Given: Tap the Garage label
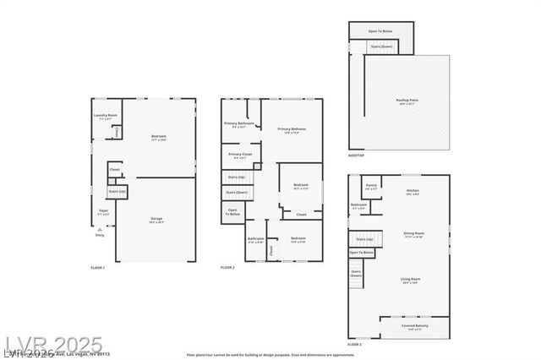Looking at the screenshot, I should click(157, 221).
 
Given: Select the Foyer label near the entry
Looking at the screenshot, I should click(103, 212).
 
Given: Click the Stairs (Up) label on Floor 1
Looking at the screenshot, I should click(117, 192).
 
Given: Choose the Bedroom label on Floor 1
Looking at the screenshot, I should click(159, 137).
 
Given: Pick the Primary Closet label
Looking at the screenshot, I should click(240, 156).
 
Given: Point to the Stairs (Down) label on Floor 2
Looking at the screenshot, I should click(237, 193).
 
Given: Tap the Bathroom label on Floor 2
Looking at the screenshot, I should click(256, 240).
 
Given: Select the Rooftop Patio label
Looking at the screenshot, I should click(407, 101).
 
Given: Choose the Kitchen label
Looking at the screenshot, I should click(413, 192).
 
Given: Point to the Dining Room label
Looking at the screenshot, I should click(413, 234).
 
